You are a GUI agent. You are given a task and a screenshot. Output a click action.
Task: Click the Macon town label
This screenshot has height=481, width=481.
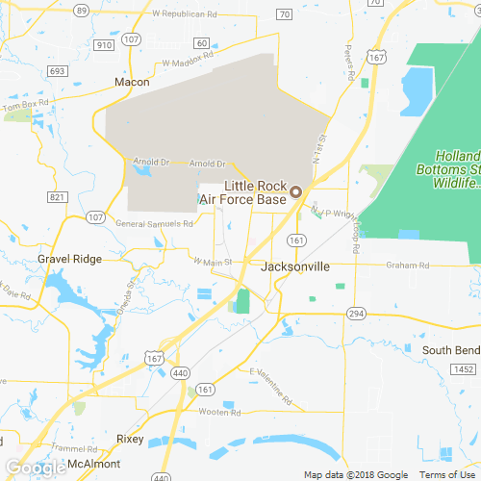(132, 83)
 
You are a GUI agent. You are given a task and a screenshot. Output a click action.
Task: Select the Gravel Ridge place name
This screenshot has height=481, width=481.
(68, 260)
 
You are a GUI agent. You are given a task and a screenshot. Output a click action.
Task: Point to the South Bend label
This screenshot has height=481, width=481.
(450, 349)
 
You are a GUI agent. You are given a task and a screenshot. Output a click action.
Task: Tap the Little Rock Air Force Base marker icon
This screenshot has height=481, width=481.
(296, 190)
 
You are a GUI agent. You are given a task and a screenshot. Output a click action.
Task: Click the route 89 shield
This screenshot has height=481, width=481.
(82, 11)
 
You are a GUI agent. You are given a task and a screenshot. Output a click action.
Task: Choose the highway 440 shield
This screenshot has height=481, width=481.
(180, 371)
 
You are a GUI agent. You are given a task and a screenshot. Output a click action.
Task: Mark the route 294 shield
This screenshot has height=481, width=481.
(357, 314)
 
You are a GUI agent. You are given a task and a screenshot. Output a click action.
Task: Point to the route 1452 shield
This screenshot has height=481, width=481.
(464, 369)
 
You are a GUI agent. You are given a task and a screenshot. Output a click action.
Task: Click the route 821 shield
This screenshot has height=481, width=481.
(57, 197)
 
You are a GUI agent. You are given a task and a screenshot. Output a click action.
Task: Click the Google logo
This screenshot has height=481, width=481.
(35, 468)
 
